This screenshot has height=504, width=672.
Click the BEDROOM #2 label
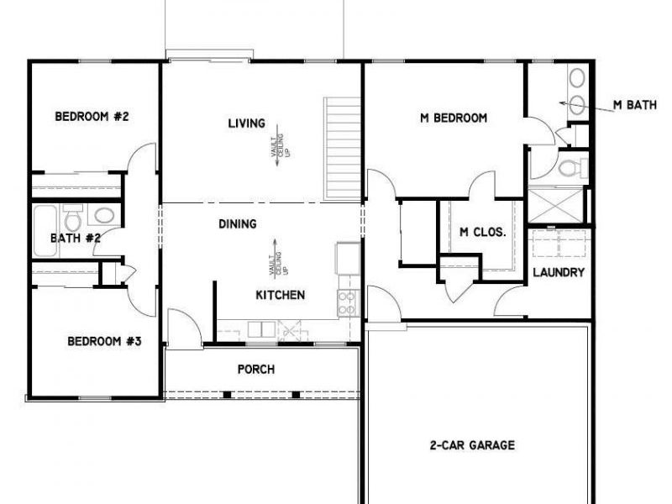[x=92, y=117]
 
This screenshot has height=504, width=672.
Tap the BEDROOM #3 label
[x=104, y=341]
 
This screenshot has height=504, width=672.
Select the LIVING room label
[x=246, y=123]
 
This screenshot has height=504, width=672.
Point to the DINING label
[x=238, y=224]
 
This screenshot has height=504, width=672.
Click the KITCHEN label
[x=280, y=295]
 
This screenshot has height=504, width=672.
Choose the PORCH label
[x=256, y=369]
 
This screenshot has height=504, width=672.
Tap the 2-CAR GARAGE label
[x=478, y=445]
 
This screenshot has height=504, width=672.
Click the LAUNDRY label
[x=559, y=272]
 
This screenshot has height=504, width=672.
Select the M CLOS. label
[x=482, y=233]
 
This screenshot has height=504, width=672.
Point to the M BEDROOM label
[x=454, y=118]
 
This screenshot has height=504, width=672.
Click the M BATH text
[x=635, y=104]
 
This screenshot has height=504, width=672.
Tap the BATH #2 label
[x=76, y=238]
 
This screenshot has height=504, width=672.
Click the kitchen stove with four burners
[x=348, y=302]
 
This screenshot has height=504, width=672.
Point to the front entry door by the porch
[x=184, y=328]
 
